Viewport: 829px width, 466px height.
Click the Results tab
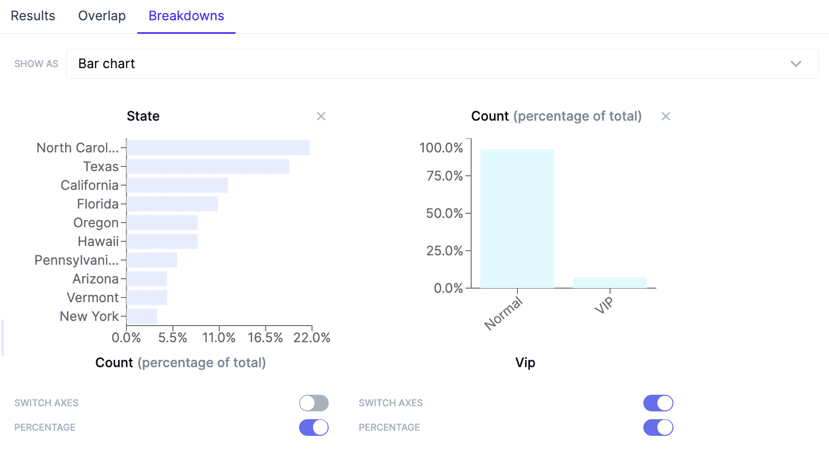(x=33, y=16)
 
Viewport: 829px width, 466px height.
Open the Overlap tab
(x=102, y=16)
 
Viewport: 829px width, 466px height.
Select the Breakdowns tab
(x=186, y=16)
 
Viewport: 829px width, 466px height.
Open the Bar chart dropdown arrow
(x=796, y=64)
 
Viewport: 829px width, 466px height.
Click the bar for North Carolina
(x=218, y=148)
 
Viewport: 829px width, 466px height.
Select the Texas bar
(x=208, y=166)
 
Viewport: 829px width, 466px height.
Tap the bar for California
(x=177, y=185)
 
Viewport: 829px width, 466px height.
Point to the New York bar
(x=142, y=316)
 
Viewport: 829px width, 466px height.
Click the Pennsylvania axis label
(x=76, y=260)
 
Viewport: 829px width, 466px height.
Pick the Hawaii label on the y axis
(x=98, y=241)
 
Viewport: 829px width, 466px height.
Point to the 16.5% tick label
(x=265, y=338)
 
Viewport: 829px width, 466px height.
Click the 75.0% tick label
(x=444, y=176)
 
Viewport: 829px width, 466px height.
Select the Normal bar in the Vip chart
(x=517, y=218)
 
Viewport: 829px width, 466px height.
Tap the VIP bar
(x=610, y=282)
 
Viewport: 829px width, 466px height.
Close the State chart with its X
(x=321, y=116)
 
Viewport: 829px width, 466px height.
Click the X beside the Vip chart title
(x=666, y=116)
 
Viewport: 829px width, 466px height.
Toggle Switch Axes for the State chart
(x=314, y=403)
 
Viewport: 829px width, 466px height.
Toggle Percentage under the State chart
(x=314, y=428)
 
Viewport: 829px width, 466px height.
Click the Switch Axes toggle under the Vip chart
(x=658, y=403)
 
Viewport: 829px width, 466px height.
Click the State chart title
(x=143, y=116)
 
